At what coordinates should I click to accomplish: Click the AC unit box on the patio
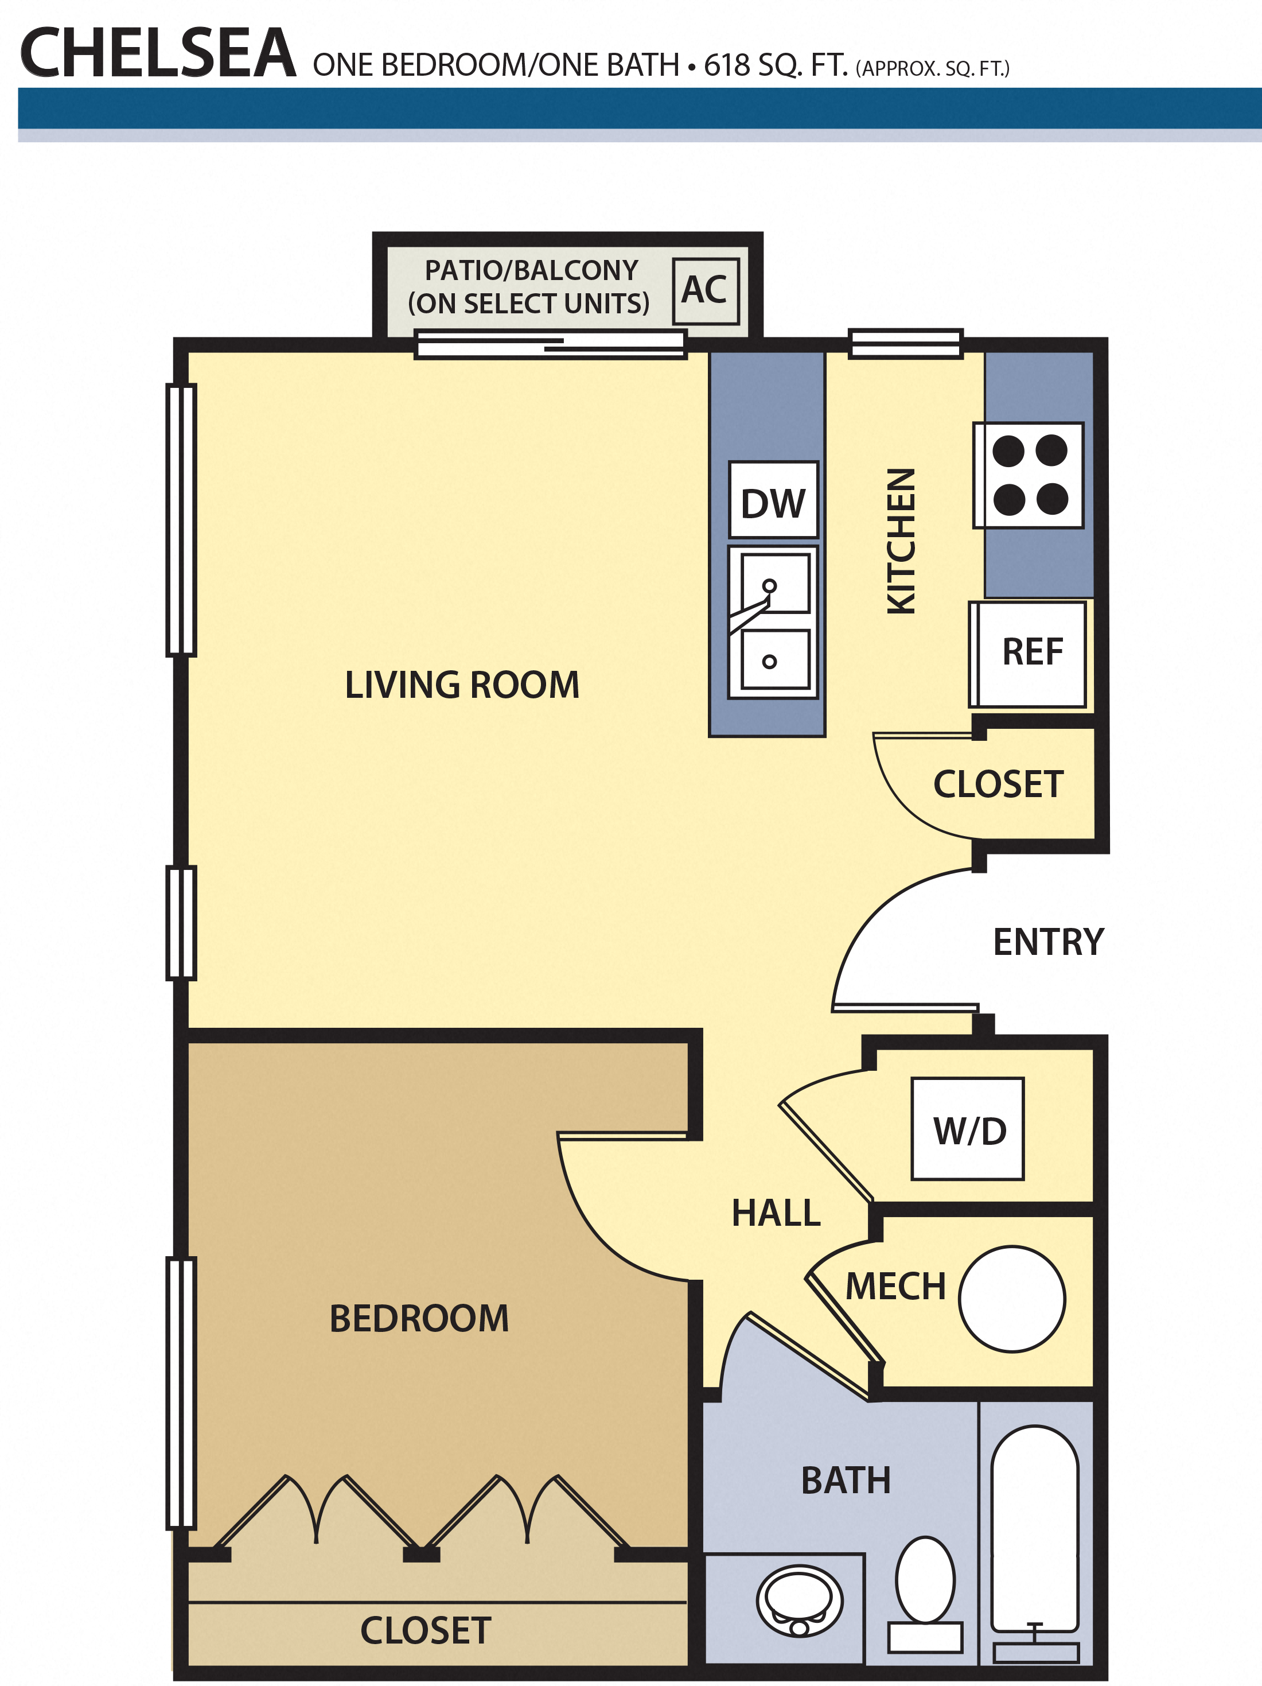point(705,290)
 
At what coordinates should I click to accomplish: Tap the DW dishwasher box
point(773,500)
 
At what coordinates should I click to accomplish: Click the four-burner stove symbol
point(1029,475)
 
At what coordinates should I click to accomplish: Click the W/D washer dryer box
point(968,1129)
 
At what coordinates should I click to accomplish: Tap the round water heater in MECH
point(1012,1299)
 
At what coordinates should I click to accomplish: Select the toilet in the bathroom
point(925,1595)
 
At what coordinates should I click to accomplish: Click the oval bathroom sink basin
point(800,1600)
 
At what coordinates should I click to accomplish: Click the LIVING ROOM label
point(462,685)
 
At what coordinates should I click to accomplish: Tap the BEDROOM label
point(419,1318)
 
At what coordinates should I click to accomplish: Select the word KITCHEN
point(901,541)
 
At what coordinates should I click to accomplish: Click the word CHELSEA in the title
point(158,53)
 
